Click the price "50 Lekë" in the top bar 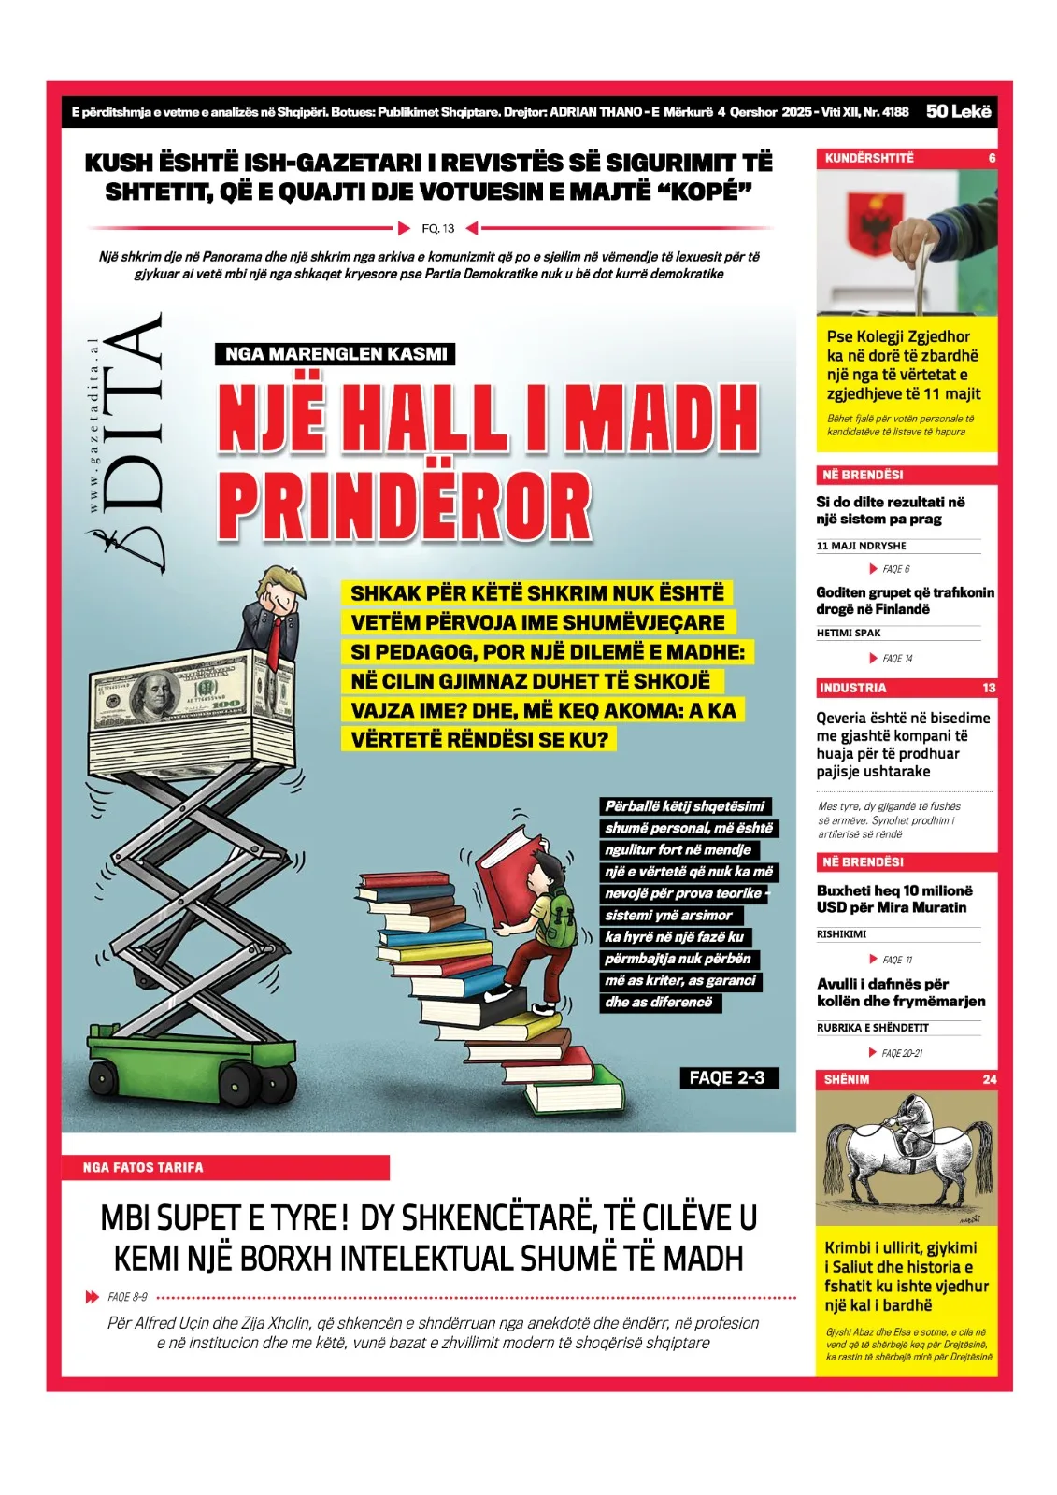[x=958, y=111]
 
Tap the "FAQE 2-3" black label [x=727, y=1077]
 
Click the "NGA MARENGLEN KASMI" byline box [x=336, y=354]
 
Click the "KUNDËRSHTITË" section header [x=869, y=158]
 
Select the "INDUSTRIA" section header [x=852, y=688]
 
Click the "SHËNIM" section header [x=847, y=1079]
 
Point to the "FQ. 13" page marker [x=437, y=228]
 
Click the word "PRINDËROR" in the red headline [x=404, y=505]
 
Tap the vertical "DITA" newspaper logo [x=136, y=439]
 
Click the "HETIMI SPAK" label [x=849, y=633]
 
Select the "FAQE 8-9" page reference [x=127, y=1297]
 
